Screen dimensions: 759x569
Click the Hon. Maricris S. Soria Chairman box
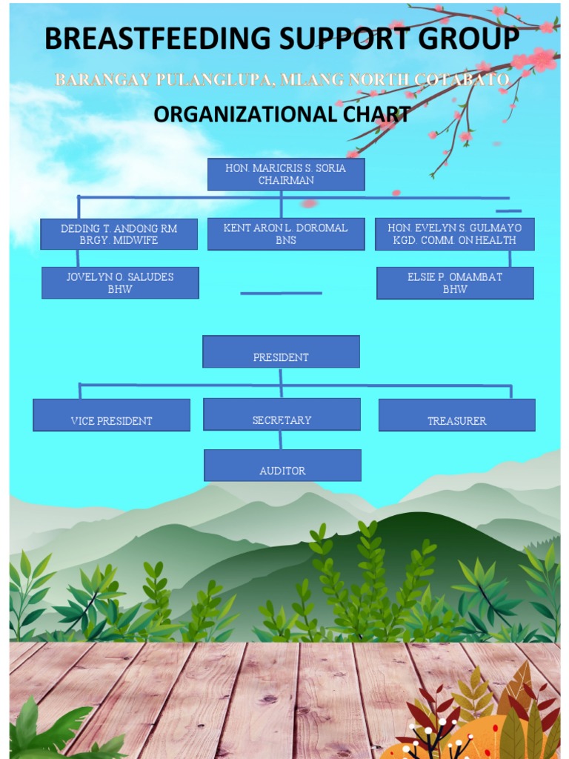coord(285,174)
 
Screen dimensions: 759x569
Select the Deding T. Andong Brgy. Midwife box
coord(119,233)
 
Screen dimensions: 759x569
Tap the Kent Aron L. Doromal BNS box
coord(285,233)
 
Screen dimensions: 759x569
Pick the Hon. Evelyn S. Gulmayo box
coord(454,233)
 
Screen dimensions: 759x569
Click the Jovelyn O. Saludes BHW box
coord(120,282)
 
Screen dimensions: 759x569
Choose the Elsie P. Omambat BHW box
coord(455,282)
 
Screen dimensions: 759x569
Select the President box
coord(281,351)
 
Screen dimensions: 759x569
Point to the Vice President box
coord(111,415)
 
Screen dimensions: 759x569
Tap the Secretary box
coord(282,414)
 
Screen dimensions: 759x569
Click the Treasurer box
coord(456,415)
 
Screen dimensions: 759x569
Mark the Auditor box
coord(282,465)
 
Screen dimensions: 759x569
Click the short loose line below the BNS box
coord(281,294)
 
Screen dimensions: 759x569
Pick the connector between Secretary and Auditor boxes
coord(281,440)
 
